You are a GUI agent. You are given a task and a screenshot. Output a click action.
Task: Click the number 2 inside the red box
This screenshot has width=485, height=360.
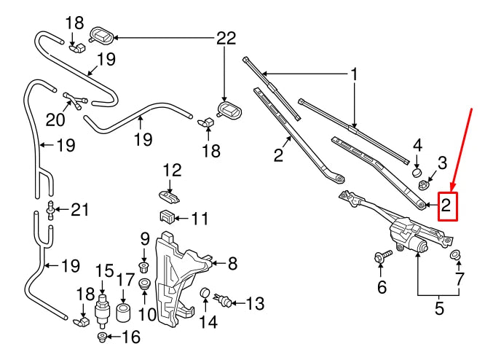click(448, 206)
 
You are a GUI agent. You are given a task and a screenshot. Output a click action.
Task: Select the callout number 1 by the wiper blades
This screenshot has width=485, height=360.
click(355, 74)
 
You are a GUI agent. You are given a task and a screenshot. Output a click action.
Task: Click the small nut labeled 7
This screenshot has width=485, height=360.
click(456, 254)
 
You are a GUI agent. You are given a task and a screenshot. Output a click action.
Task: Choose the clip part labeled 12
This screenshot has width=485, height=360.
click(168, 195)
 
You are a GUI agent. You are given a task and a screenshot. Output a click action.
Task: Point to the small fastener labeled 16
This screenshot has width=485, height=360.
click(103, 336)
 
